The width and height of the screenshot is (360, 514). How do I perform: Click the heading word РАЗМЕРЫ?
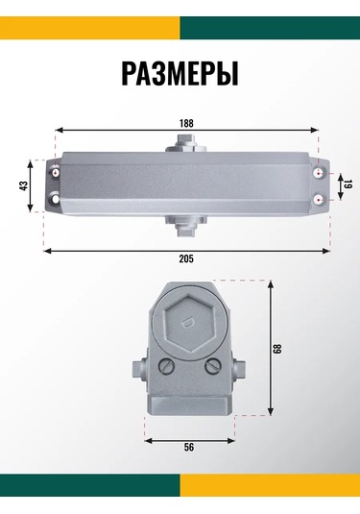(x=180, y=73)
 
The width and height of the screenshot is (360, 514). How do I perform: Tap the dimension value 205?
(x=186, y=259)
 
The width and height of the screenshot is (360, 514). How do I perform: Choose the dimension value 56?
(x=189, y=448)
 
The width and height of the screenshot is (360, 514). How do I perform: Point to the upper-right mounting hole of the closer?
(x=318, y=174)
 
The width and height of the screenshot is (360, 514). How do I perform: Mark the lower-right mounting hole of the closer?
(x=318, y=199)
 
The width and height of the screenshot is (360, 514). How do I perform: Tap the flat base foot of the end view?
(x=188, y=404)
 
